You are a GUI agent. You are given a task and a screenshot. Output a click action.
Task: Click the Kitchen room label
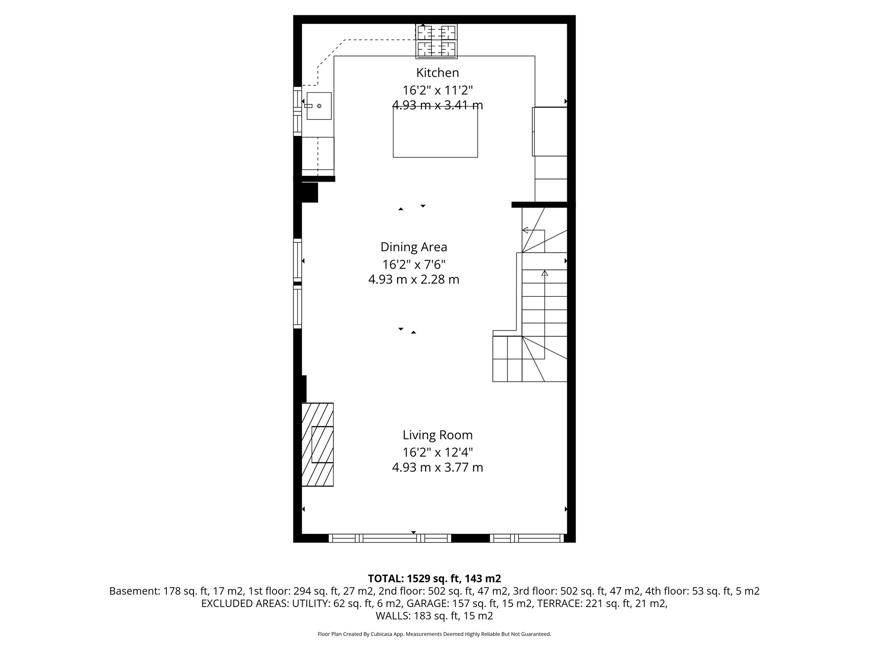pyautogui.click(x=437, y=73)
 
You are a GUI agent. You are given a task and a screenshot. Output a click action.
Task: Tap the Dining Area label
pyautogui.click(x=414, y=247)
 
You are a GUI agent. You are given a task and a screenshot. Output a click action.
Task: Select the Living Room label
pyautogui.click(x=437, y=435)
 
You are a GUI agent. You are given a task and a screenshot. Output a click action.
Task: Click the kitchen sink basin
pyautogui.click(x=319, y=106)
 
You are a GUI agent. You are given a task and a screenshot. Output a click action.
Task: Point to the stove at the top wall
pyautogui.click(x=437, y=41)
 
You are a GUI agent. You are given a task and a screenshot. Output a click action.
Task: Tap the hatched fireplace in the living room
pyautogui.click(x=317, y=444)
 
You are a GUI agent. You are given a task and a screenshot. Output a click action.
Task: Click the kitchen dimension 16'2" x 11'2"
pyautogui.click(x=437, y=90)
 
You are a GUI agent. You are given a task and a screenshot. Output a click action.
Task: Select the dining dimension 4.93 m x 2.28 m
pyautogui.click(x=414, y=279)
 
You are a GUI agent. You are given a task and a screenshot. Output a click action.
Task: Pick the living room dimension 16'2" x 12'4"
pyautogui.click(x=437, y=452)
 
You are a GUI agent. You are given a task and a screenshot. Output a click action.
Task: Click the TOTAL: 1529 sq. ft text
pyautogui.click(x=434, y=578)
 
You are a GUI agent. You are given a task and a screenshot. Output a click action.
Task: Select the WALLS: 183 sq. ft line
pyautogui.click(x=434, y=615)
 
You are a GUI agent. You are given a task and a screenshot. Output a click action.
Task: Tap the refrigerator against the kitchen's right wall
pyautogui.click(x=550, y=132)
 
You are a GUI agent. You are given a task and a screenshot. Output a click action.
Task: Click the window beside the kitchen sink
pyautogui.click(x=297, y=111)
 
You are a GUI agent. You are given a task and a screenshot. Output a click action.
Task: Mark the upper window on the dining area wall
pyautogui.click(x=297, y=260)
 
